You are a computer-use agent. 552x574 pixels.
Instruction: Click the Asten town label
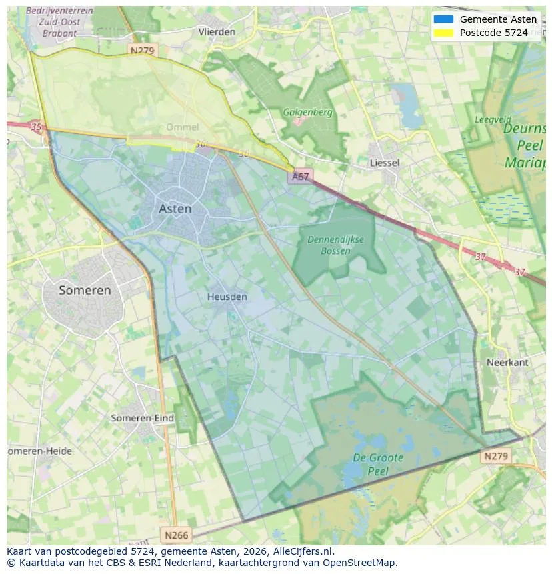coord(175,209)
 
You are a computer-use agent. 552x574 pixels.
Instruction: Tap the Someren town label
coord(85,290)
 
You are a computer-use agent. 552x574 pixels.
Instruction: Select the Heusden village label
coord(227,297)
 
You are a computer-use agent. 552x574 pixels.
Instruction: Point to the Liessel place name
coord(385,163)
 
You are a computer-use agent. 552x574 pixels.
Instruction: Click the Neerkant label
coord(507,362)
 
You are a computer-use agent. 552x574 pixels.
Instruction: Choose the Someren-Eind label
coord(142,418)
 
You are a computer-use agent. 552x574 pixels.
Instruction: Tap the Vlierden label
coord(217,31)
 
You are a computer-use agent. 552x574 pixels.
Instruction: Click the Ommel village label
coord(182,127)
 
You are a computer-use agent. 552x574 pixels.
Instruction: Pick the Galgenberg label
coord(307,112)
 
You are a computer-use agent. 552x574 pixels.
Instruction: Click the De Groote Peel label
coord(377,464)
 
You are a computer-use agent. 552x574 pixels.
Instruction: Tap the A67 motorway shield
coord(300,176)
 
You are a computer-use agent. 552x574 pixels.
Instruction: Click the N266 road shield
coord(176,535)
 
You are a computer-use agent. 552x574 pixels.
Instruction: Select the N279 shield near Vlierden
coord(143,50)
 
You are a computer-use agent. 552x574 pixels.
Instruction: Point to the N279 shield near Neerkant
coord(495,456)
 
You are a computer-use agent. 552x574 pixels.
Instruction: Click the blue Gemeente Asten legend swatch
coord(443,19)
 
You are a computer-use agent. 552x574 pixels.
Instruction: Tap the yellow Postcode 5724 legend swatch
coord(443,33)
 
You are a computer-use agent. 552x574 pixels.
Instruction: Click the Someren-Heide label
coord(39,451)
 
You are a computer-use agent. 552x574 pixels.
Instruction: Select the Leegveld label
coord(493,119)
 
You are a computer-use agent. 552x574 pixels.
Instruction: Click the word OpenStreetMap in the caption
coord(361,563)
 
